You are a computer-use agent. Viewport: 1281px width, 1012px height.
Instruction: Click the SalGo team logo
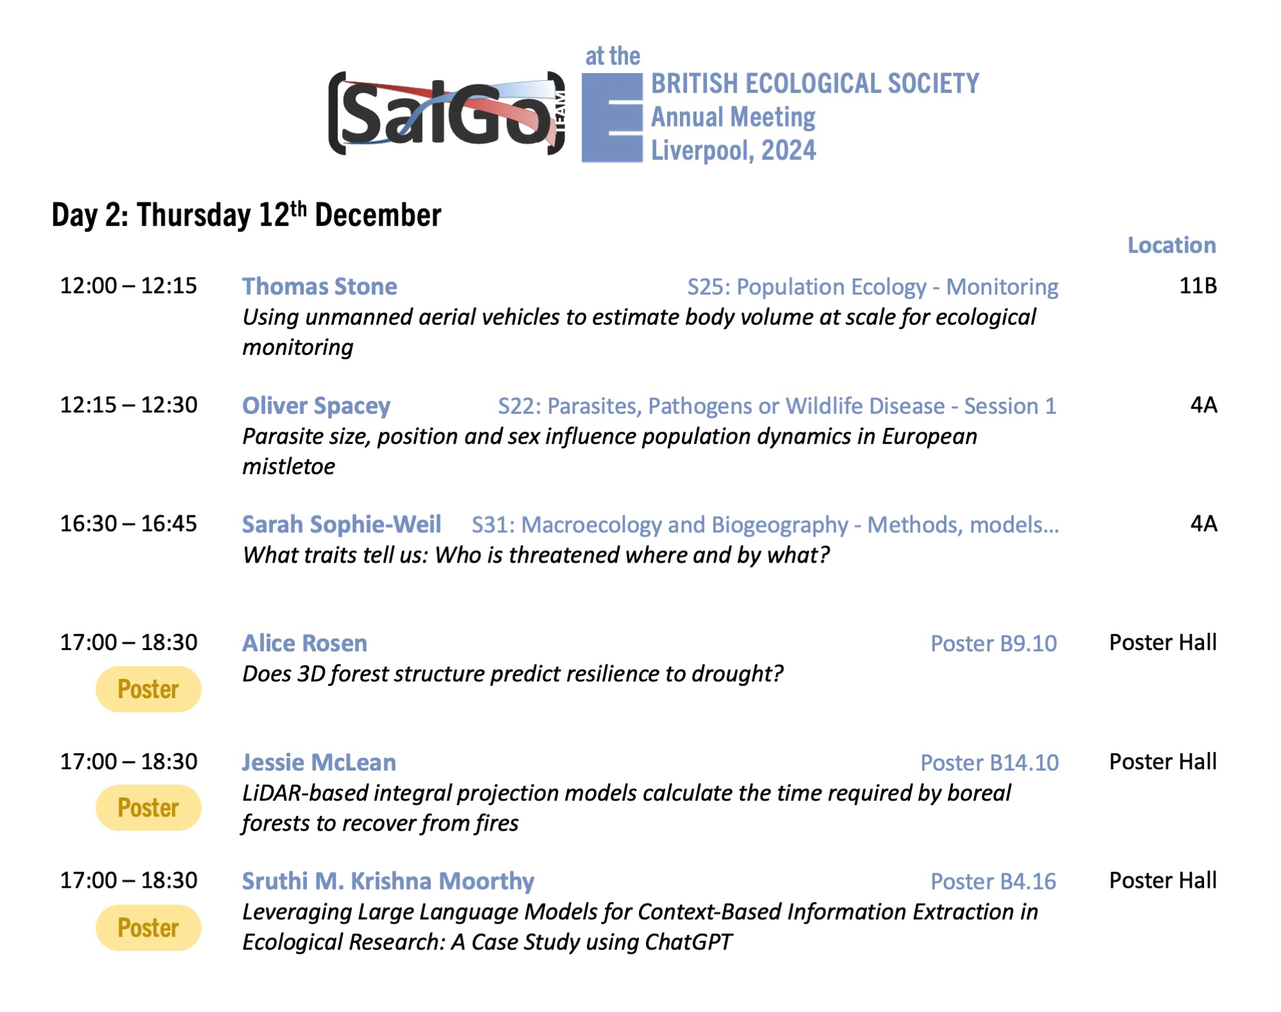click(x=447, y=113)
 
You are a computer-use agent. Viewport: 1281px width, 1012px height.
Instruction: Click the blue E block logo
click(x=612, y=118)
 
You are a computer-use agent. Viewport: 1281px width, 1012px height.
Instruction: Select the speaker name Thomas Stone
click(x=319, y=286)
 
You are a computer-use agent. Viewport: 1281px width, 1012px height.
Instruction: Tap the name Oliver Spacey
click(x=316, y=405)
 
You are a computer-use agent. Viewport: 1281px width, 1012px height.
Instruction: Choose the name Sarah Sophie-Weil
click(x=342, y=524)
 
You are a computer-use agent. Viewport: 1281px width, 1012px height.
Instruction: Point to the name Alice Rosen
click(x=304, y=643)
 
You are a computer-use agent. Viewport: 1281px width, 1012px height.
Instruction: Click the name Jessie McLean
click(x=318, y=762)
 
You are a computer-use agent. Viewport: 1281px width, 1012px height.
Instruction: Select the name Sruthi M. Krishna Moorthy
click(x=388, y=881)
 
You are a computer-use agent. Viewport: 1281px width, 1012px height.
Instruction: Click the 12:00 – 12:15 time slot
click(x=129, y=286)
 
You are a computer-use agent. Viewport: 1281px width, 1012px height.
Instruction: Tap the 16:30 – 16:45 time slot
click(x=129, y=523)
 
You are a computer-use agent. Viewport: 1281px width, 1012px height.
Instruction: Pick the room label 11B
click(x=1198, y=286)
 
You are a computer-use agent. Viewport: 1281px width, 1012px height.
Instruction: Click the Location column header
click(x=1171, y=245)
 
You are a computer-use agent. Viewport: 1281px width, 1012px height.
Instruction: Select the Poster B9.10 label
click(x=993, y=644)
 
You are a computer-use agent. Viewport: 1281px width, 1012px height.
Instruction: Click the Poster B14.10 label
click(x=989, y=763)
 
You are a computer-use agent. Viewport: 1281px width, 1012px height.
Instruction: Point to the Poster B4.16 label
click(x=993, y=881)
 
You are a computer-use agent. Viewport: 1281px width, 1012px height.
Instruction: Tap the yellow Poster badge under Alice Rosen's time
click(x=148, y=689)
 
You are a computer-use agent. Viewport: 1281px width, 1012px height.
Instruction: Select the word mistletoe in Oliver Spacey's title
click(x=288, y=466)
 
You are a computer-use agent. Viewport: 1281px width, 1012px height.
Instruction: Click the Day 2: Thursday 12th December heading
click(x=246, y=215)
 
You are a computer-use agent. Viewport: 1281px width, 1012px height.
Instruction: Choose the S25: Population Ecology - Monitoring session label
click(x=873, y=287)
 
